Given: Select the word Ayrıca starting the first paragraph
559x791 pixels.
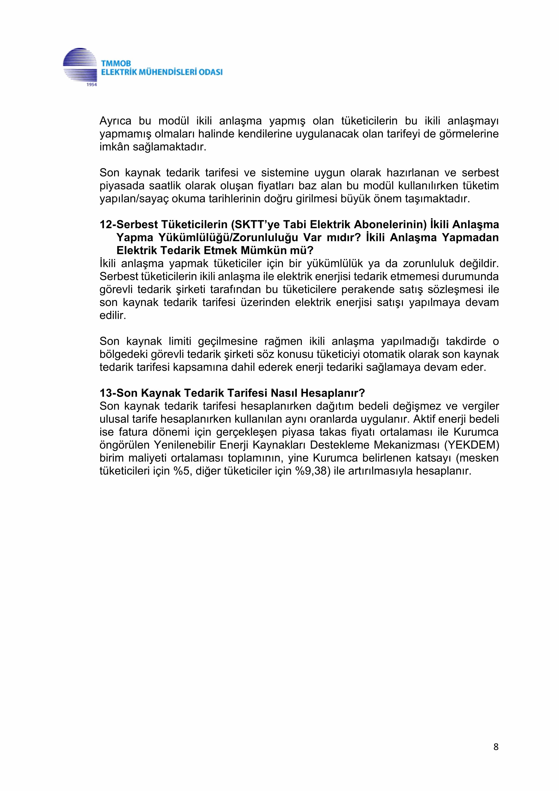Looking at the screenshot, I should pyautogui.click(x=115, y=121).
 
